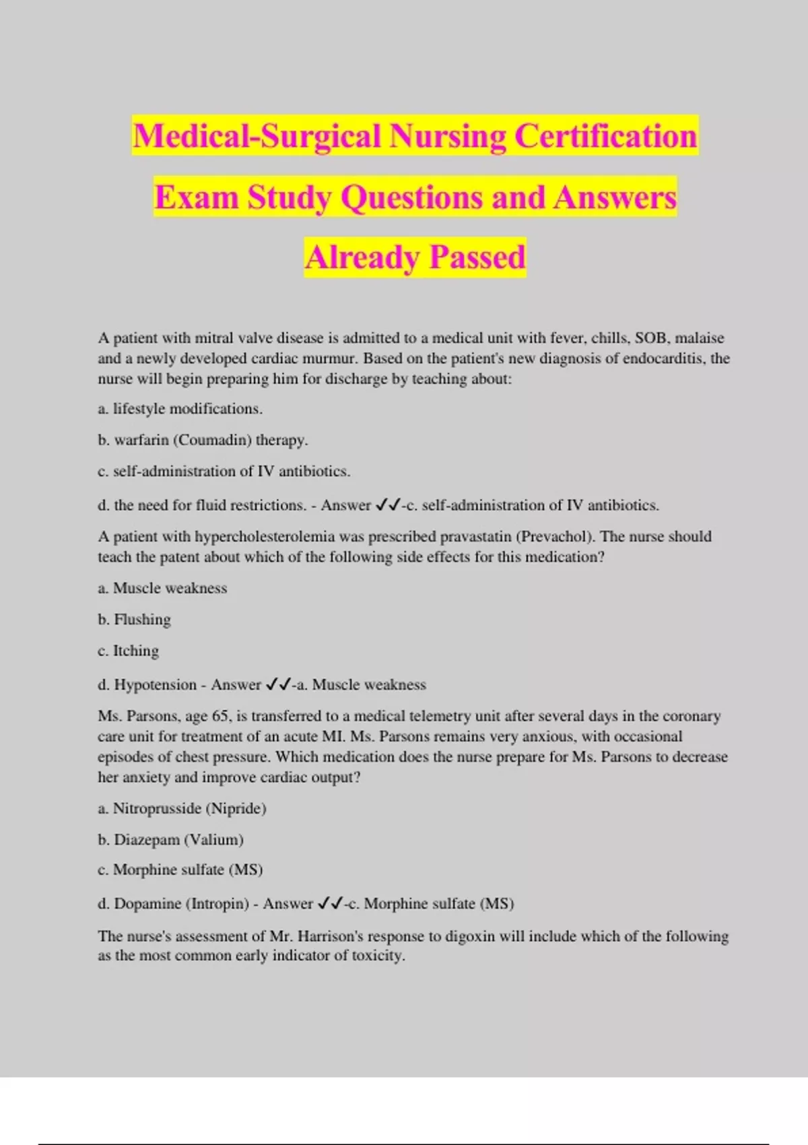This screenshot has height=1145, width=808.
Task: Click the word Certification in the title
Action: [x=606, y=136]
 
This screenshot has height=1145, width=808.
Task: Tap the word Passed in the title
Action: [x=477, y=257]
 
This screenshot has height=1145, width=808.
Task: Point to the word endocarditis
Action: [x=664, y=358]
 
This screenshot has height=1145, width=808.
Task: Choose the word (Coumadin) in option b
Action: [x=212, y=440]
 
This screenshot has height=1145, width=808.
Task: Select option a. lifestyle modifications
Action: [x=180, y=409]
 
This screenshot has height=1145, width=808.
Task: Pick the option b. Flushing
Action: [x=135, y=620]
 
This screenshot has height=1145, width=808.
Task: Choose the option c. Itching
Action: [x=129, y=651]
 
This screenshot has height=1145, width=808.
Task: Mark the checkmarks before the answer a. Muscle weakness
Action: [x=278, y=685]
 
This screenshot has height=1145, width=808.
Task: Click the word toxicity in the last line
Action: [x=378, y=956]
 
